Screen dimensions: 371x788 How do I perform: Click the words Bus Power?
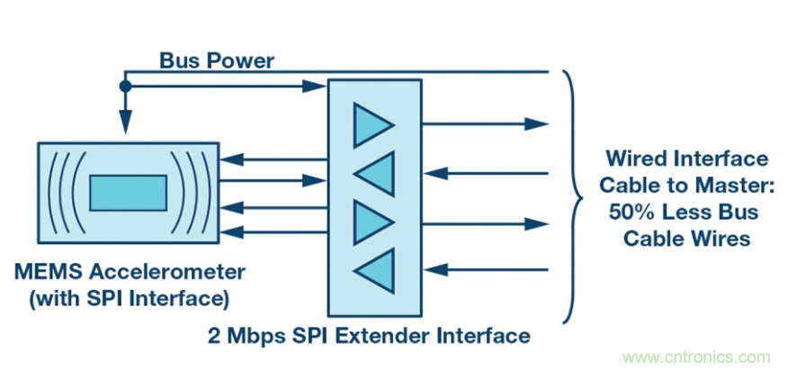(x=217, y=61)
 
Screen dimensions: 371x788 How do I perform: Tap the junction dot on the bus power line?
(x=126, y=86)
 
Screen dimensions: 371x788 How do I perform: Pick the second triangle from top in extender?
(x=373, y=174)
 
